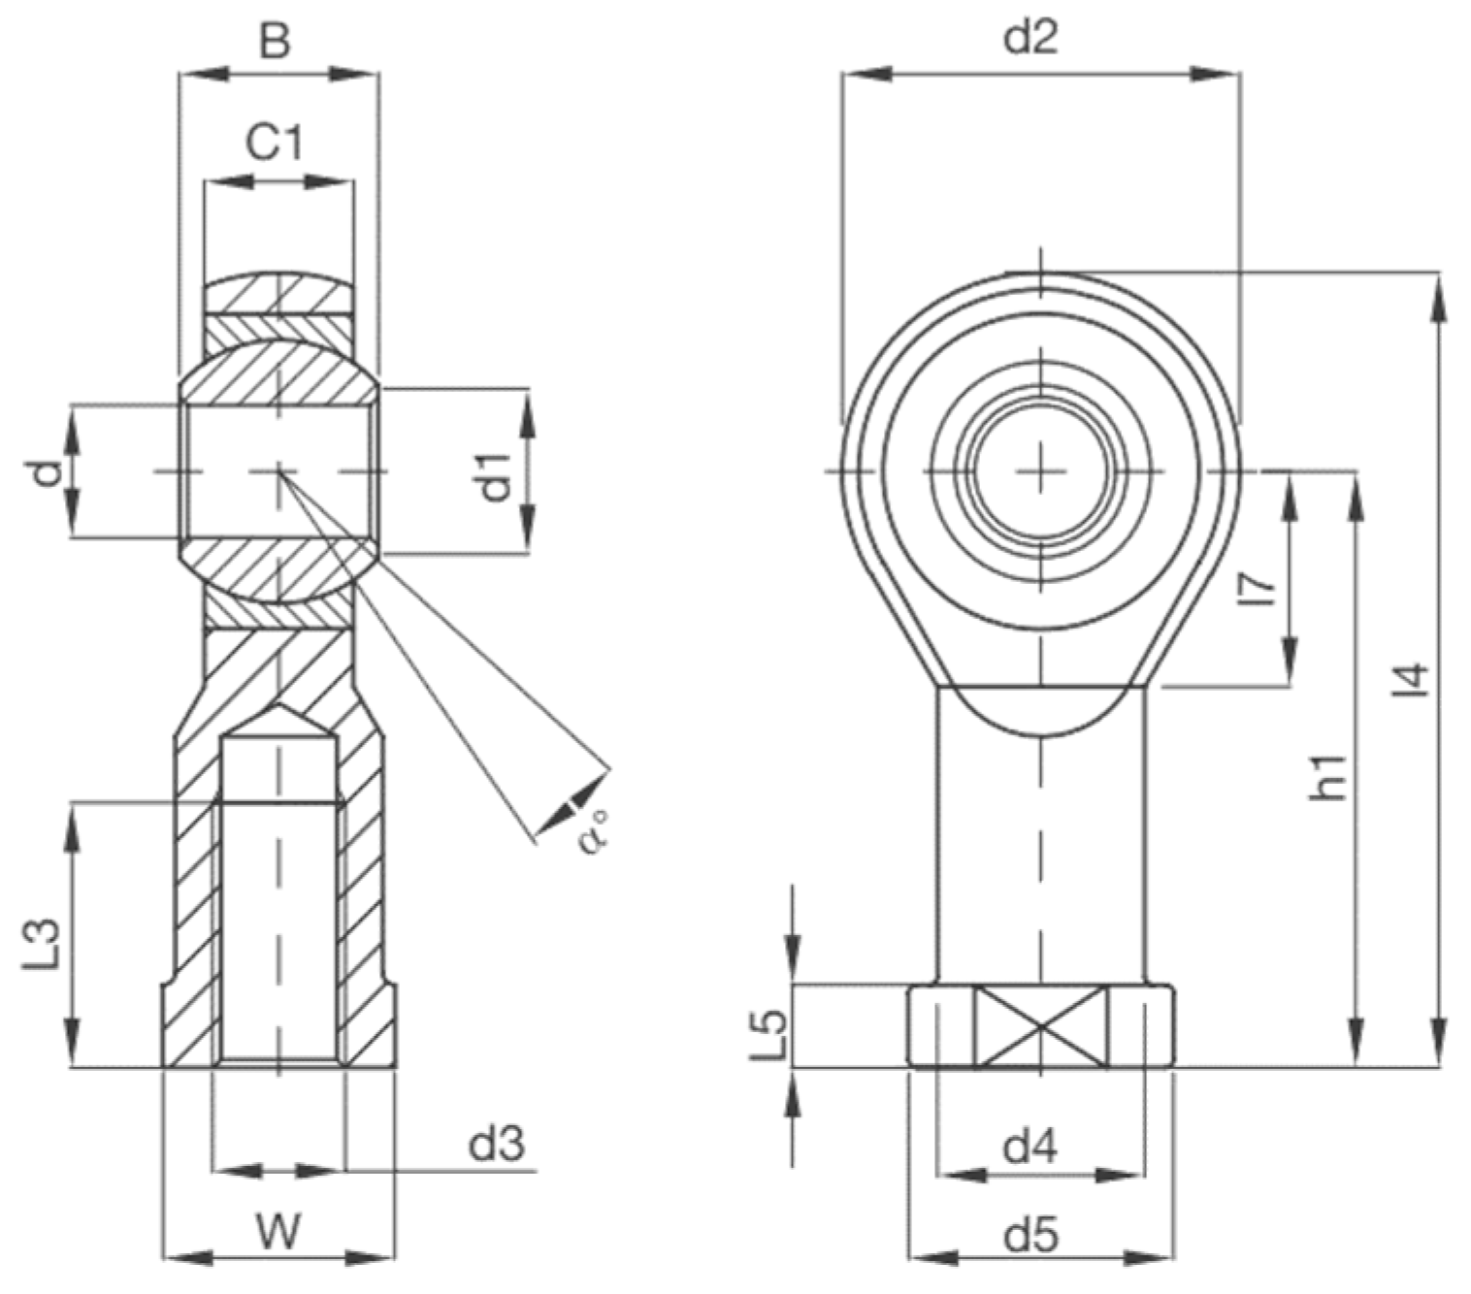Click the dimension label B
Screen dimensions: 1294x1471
[x=276, y=42]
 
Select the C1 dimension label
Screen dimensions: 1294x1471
[x=275, y=144]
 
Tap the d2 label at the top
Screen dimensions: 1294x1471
[x=1031, y=37]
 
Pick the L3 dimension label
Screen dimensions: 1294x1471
[x=44, y=943]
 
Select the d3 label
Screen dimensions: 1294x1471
[x=497, y=1145]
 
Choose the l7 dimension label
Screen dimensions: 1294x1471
[x=1258, y=589]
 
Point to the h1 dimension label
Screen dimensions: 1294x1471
[x=1327, y=776]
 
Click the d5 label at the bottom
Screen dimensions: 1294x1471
[x=1031, y=1236]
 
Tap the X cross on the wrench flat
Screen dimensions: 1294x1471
[x=1040, y=1027]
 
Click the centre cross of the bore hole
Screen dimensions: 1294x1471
[x=1040, y=471]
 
